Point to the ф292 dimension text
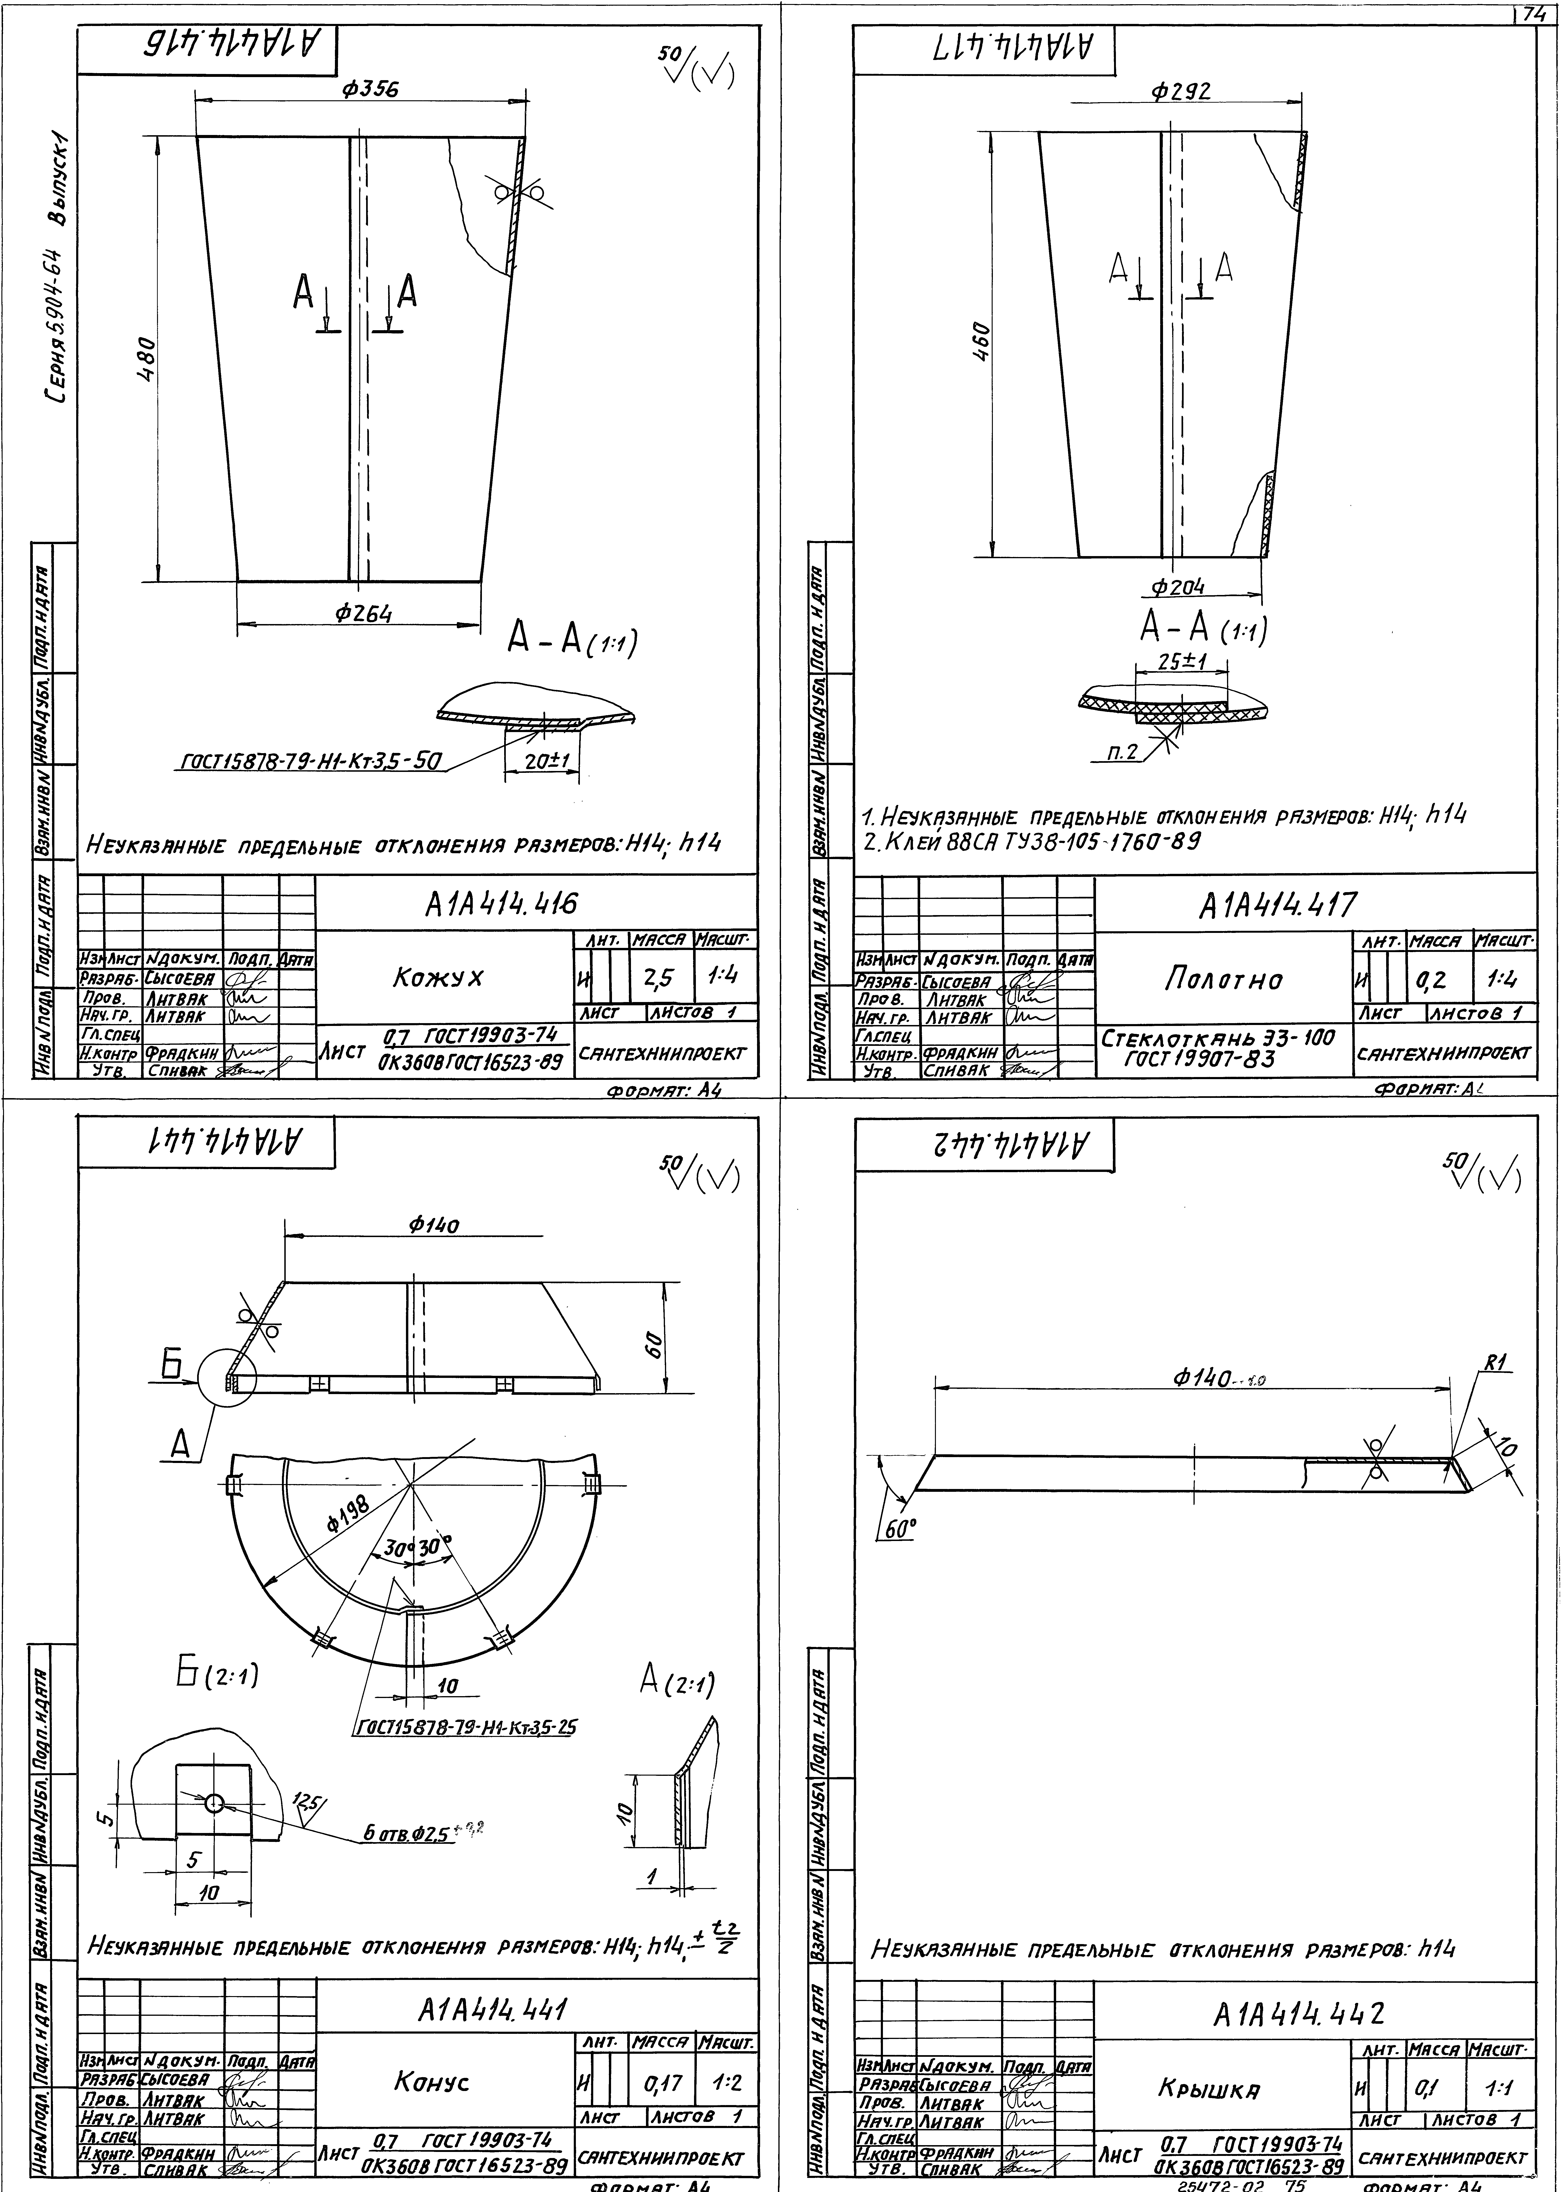click(x=1181, y=91)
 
